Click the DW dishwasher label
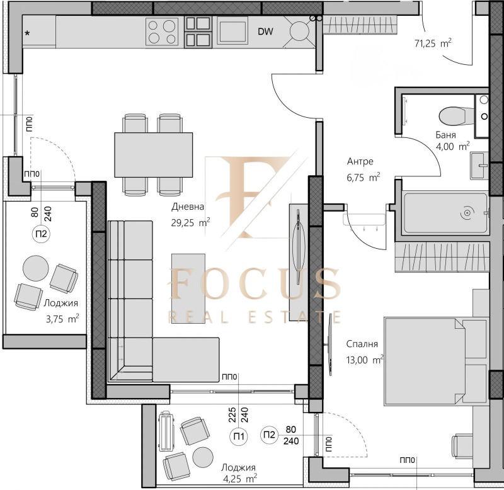pos(265,31)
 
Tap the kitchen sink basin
pos(232,31)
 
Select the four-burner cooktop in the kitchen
pos(162,31)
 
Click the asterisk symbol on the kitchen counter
pos(28,33)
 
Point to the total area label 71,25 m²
pos(433,43)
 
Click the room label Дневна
pos(188,207)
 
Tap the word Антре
pos(360,161)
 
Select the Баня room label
pos(445,135)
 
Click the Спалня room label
pos(362,344)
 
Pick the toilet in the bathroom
pos(452,116)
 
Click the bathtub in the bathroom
pos(445,213)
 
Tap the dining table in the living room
pos(154,155)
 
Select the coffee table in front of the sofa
pos(188,288)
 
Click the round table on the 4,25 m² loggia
pos(203,457)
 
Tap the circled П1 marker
pos(239,436)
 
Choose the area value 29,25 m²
pos(191,222)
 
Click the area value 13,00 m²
pos(365,360)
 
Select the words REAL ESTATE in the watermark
pos(255,317)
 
